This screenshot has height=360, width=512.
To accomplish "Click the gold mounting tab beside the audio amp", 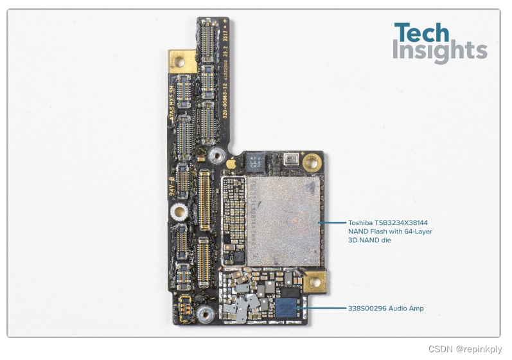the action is click(x=314, y=282).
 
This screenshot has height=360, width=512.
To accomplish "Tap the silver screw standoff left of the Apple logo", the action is click(x=211, y=156).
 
